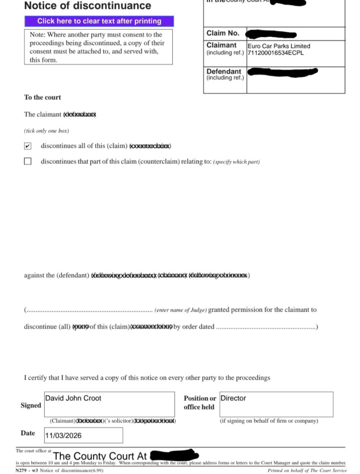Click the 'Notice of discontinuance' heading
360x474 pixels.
[87, 6]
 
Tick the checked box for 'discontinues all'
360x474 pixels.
[28, 146]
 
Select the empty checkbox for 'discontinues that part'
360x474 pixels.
[28, 162]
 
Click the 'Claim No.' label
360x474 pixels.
[222, 34]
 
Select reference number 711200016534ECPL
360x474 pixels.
[276, 53]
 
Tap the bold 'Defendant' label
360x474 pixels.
[224, 72]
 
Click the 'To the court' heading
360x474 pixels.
[42, 97]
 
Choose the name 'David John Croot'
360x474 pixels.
[73, 398]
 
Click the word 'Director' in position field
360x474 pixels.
[233, 398]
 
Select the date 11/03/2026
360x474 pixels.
[63, 436]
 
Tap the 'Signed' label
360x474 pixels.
[31, 405]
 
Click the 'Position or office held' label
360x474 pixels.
[200, 402]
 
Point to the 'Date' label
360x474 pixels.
[28, 433]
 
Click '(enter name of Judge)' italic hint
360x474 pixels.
[180, 310]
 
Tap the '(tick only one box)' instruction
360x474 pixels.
[47, 131]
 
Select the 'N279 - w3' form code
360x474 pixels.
[26, 471]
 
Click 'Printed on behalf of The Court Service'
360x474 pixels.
[307, 471]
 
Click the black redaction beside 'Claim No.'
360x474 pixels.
[271, 35]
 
